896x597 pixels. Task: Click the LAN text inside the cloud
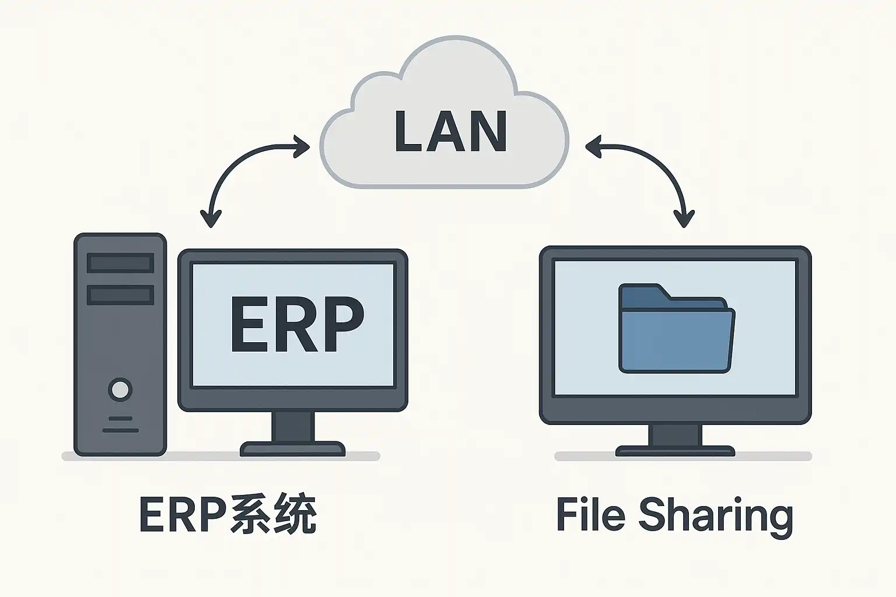click(x=450, y=131)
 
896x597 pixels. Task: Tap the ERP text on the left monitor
click(x=296, y=325)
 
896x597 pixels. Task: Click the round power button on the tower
click(x=120, y=389)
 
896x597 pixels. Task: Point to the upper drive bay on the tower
click(x=120, y=263)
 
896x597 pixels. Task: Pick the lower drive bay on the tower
click(x=120, y=294)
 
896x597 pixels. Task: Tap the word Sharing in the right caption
click(x=716, y=515)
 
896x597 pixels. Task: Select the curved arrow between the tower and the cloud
click(x=239, y=163)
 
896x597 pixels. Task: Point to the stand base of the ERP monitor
click(x=292, y=449)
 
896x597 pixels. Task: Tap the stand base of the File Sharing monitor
click(x=675, y=451)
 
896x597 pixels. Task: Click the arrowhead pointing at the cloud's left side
click(x=302, y=147)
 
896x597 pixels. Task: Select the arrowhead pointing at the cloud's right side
click(x=593, y=147)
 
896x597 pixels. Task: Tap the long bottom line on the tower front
click(x=120, y=430)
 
